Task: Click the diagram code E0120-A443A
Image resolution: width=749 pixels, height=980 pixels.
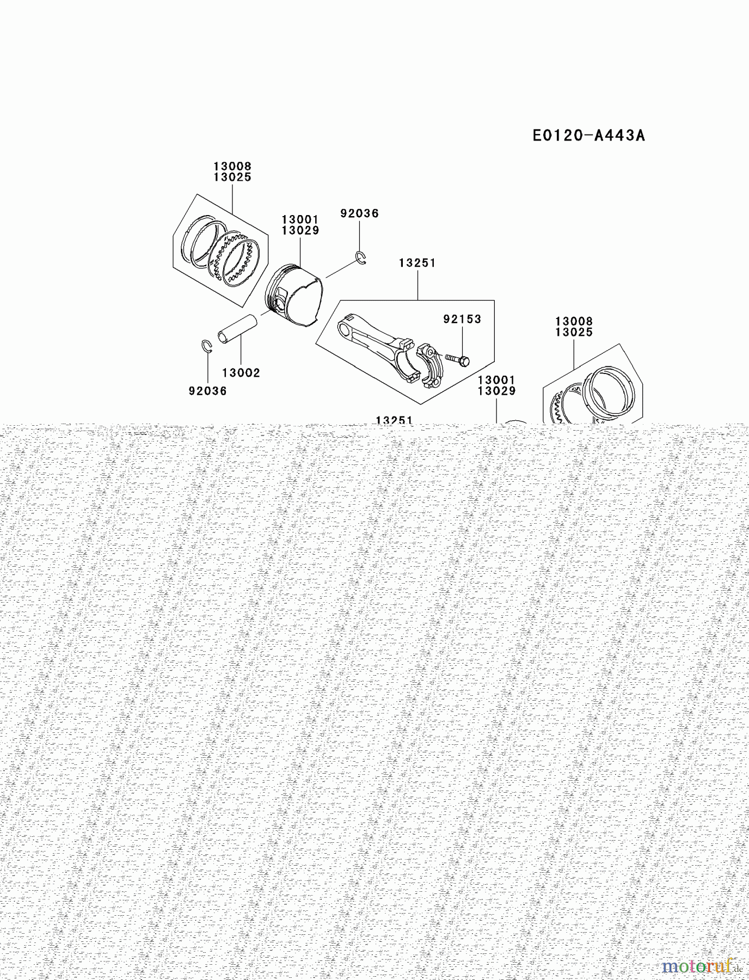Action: (588, 135)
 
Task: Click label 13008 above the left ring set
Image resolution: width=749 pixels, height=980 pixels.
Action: (232, 166)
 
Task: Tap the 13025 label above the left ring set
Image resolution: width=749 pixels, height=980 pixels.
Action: (232, 177)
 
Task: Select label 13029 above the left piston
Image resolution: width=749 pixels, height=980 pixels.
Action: (300, 230)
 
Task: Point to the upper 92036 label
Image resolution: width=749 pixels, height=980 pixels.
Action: (359, 213)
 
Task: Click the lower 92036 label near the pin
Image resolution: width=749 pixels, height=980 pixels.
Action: (207, 391)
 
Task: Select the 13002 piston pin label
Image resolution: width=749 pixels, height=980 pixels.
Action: (241, 373)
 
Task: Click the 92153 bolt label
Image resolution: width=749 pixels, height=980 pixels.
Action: (462, 319)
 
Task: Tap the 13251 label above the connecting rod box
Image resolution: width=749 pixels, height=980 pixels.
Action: (418, 263)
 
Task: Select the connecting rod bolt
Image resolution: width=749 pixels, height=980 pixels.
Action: (457, 359)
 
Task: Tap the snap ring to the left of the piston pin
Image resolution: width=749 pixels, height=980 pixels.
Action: (206, 346)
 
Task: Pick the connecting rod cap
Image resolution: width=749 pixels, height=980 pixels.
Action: (430, 366)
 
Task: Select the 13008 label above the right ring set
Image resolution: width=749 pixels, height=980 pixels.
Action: (574, 321)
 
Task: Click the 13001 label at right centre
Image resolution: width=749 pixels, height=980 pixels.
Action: (496, 380)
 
